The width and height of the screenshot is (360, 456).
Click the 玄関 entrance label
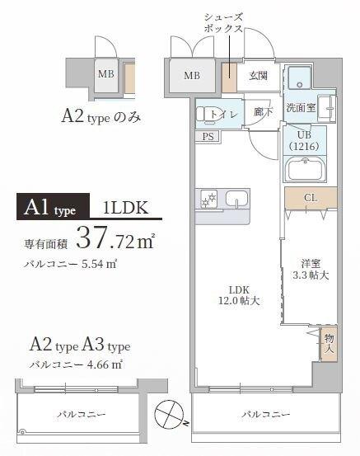(x=258, y=76)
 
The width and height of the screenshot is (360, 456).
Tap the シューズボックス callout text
(x=223, y=22)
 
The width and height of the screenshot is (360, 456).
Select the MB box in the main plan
(x=192, y=77)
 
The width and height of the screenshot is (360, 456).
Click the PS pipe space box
(x=207, y=137)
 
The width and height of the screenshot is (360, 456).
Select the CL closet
(x=310, y=198)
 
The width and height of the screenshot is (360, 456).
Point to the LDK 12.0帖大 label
(x=239, y=295)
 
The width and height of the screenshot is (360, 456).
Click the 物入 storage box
(x=329, y=343)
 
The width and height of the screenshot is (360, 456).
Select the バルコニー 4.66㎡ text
(x=76, y=363)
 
